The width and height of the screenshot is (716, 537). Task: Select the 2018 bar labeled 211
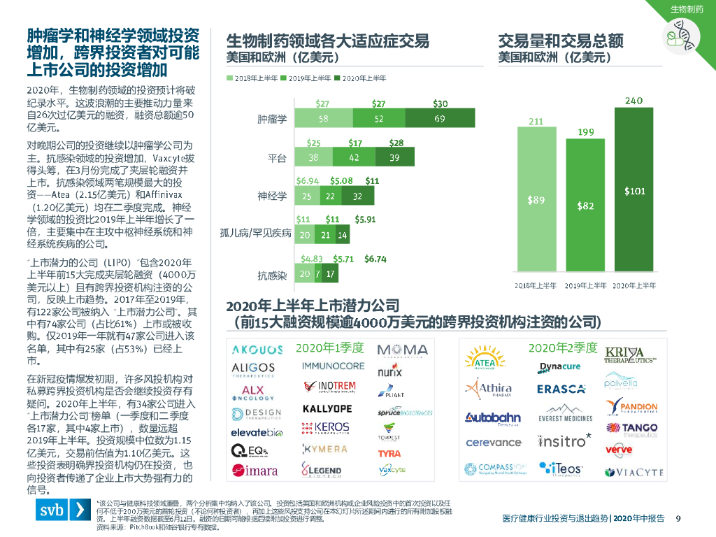pyautogui.click(x=536, y=203)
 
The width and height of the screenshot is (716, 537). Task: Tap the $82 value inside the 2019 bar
pyautogui.click(x=585, y=206)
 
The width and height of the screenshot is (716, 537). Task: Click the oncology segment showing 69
pyautogui.click(x=439, y=119)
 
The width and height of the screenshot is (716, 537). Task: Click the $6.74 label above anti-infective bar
pyautogui.click(x=375, y=259)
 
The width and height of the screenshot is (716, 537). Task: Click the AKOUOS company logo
pyautogui.click(x=257, y=350)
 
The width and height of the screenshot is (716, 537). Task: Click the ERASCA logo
pyautogui.click(x=561, y=389)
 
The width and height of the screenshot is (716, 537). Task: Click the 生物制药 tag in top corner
pyautogui.click(x=687, y=9)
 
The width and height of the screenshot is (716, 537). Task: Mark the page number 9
pyautogui.click(x=678, y=518)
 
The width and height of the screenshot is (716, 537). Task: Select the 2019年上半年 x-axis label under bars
pyautogui.click(x=585, y=285)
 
